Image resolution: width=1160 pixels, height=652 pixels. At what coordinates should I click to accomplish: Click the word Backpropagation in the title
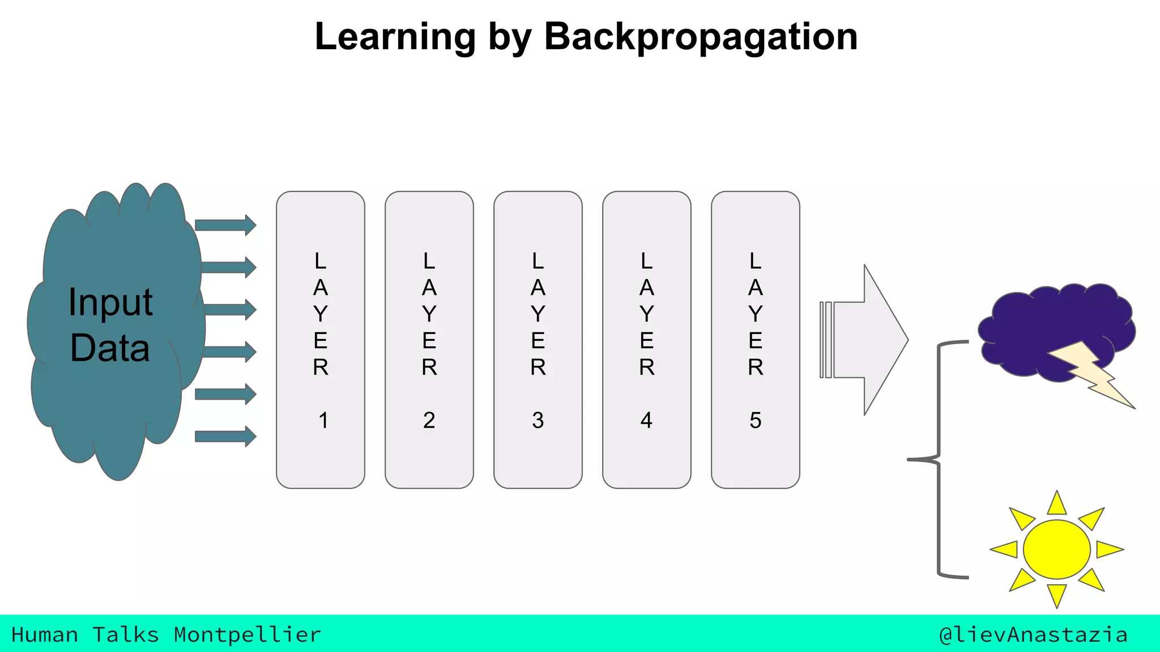pyautogui.click(x=701, y=37)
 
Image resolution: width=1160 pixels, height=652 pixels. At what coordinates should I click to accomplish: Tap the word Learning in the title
pyautogui.click(x=395, y=37)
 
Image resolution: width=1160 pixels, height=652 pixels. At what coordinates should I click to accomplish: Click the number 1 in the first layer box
pyautogui.click(x=323, y=421)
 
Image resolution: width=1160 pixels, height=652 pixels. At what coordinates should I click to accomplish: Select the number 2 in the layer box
pyautogui.click(x=429, y=421)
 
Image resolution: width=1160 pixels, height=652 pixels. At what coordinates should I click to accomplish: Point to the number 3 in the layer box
pyautogui.click(x=538, y=421)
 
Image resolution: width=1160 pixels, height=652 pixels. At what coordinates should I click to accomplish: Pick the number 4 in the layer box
pyautogui.click(x=646, y=421)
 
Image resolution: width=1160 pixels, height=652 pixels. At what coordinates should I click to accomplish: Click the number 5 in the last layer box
pyautogui.click(x=755, y=421)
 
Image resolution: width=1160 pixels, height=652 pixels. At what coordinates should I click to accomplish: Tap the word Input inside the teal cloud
pyautogui.click(x=110, y=302)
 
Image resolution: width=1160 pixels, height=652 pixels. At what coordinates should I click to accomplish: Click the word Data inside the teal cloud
pyautogui.click(x=110, y=348)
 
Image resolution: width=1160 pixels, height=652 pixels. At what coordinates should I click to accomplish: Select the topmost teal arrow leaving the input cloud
pyautogui.click(x=225, y=225)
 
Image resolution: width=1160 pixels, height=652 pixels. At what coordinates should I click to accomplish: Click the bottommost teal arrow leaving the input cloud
pyautogui.click(x=225, y=436)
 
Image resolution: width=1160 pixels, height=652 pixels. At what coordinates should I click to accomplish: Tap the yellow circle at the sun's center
pyautogui.click(x=1056, y=549)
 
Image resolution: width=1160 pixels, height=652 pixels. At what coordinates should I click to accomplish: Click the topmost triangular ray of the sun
pyautogui.click(x=1057, y=504)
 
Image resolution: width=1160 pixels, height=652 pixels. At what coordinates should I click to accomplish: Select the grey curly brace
pyautogui.click(x=939, y=460)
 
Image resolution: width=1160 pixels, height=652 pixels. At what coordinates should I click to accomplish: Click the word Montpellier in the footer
pyautogui.click(x=247, y=635)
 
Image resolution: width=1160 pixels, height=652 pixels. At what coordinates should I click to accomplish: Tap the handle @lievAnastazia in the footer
pyautogui.click(x=1033, y=635)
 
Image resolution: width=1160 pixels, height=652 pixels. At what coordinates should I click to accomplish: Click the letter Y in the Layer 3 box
pyautogui.click(x=538, y=314)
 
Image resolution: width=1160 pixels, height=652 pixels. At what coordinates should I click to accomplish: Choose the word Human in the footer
pyautogui.click(x=45, y=635)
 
